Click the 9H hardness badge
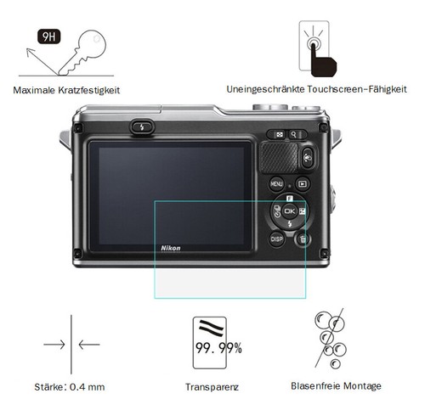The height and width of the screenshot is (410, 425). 49,37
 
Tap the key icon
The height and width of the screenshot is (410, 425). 83,53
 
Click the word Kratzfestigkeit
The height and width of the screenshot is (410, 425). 89,90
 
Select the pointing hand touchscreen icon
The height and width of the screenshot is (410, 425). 323,59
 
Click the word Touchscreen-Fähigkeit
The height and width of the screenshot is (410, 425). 357,89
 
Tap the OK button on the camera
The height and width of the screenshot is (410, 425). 289,211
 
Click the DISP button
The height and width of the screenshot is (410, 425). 276,239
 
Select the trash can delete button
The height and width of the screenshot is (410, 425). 303,239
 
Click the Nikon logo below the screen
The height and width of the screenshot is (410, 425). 171,248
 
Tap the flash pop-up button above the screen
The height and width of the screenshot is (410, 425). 142,127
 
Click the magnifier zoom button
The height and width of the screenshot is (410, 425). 293,135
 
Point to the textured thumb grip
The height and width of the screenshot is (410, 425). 279,157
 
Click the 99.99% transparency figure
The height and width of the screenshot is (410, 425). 218,348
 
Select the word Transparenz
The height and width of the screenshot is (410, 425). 212,387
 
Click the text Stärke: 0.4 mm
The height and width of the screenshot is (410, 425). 70,387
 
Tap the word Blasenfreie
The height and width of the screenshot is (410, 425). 314,385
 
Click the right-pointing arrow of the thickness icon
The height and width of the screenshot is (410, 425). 54,345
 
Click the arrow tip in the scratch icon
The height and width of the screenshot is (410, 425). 27,49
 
